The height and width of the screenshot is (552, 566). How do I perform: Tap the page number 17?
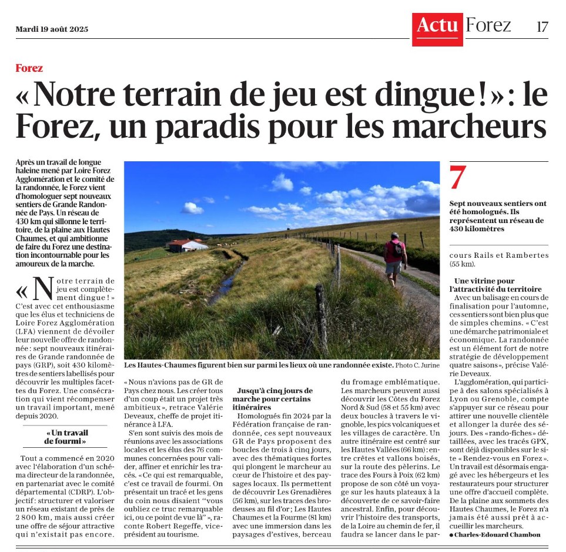[542, 26]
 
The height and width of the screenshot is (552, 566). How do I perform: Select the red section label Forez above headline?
[29, 68]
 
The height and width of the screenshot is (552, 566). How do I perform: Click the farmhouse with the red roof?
[187, 244]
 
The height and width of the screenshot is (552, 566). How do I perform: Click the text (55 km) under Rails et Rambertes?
[462, 265]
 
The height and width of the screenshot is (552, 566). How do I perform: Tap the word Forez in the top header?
[488, 25]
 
